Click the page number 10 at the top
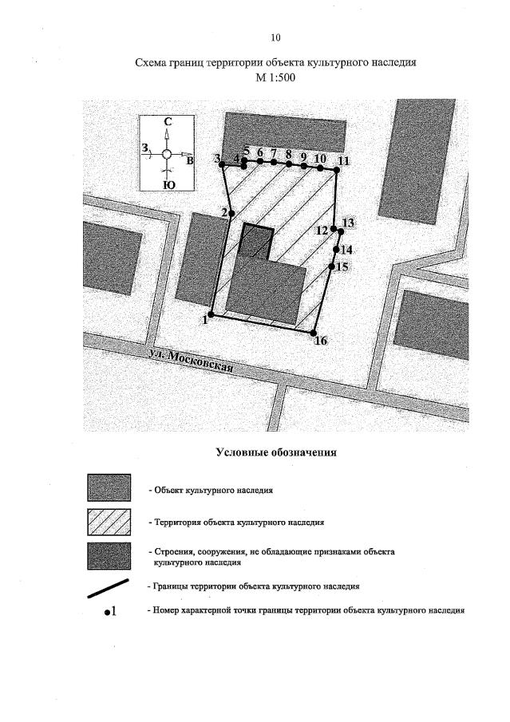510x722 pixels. pyautogui.click(x=275, y=37)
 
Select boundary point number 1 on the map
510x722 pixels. pyautogui.click(x=211, y=314)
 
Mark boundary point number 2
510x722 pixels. pyautogui.click(x=231, y=213)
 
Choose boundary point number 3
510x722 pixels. pyautogui.click(x=222, y=165)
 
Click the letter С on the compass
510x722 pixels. pyautogui.click(x=168, y=122)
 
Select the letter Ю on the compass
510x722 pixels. pyautogui.click(x=168, y=185)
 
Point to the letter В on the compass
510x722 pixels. pyautogui.click(x=190, y=160)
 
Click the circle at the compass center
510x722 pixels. pyautogui.click(x=166, y=154)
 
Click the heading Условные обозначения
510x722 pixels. pyautogui.click(x=276, y=452)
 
